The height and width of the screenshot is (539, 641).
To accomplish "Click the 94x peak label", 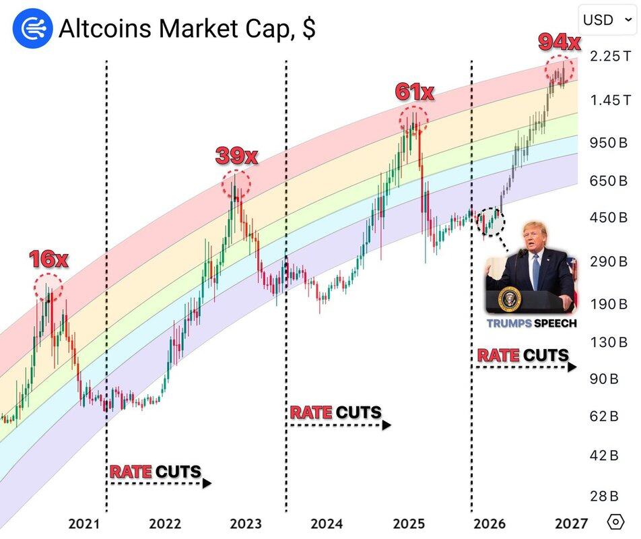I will [559, 42].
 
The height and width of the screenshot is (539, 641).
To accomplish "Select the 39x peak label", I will [236, 156].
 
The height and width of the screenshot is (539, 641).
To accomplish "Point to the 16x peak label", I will [48, 259].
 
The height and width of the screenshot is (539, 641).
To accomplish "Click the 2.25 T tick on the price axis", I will [610, 57].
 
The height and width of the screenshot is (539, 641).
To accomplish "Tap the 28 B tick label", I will [604, 497].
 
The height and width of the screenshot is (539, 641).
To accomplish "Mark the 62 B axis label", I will [604, 416].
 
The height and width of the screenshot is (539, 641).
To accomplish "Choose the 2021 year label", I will [84, 524].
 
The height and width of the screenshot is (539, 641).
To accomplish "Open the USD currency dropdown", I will [606, 20].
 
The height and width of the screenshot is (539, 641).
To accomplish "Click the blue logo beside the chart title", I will [32, 29].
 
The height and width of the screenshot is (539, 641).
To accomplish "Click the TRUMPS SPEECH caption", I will [531, 323].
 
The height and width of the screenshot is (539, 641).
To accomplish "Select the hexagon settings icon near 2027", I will [615, 522].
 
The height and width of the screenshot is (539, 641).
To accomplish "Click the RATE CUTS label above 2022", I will [156, 472].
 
